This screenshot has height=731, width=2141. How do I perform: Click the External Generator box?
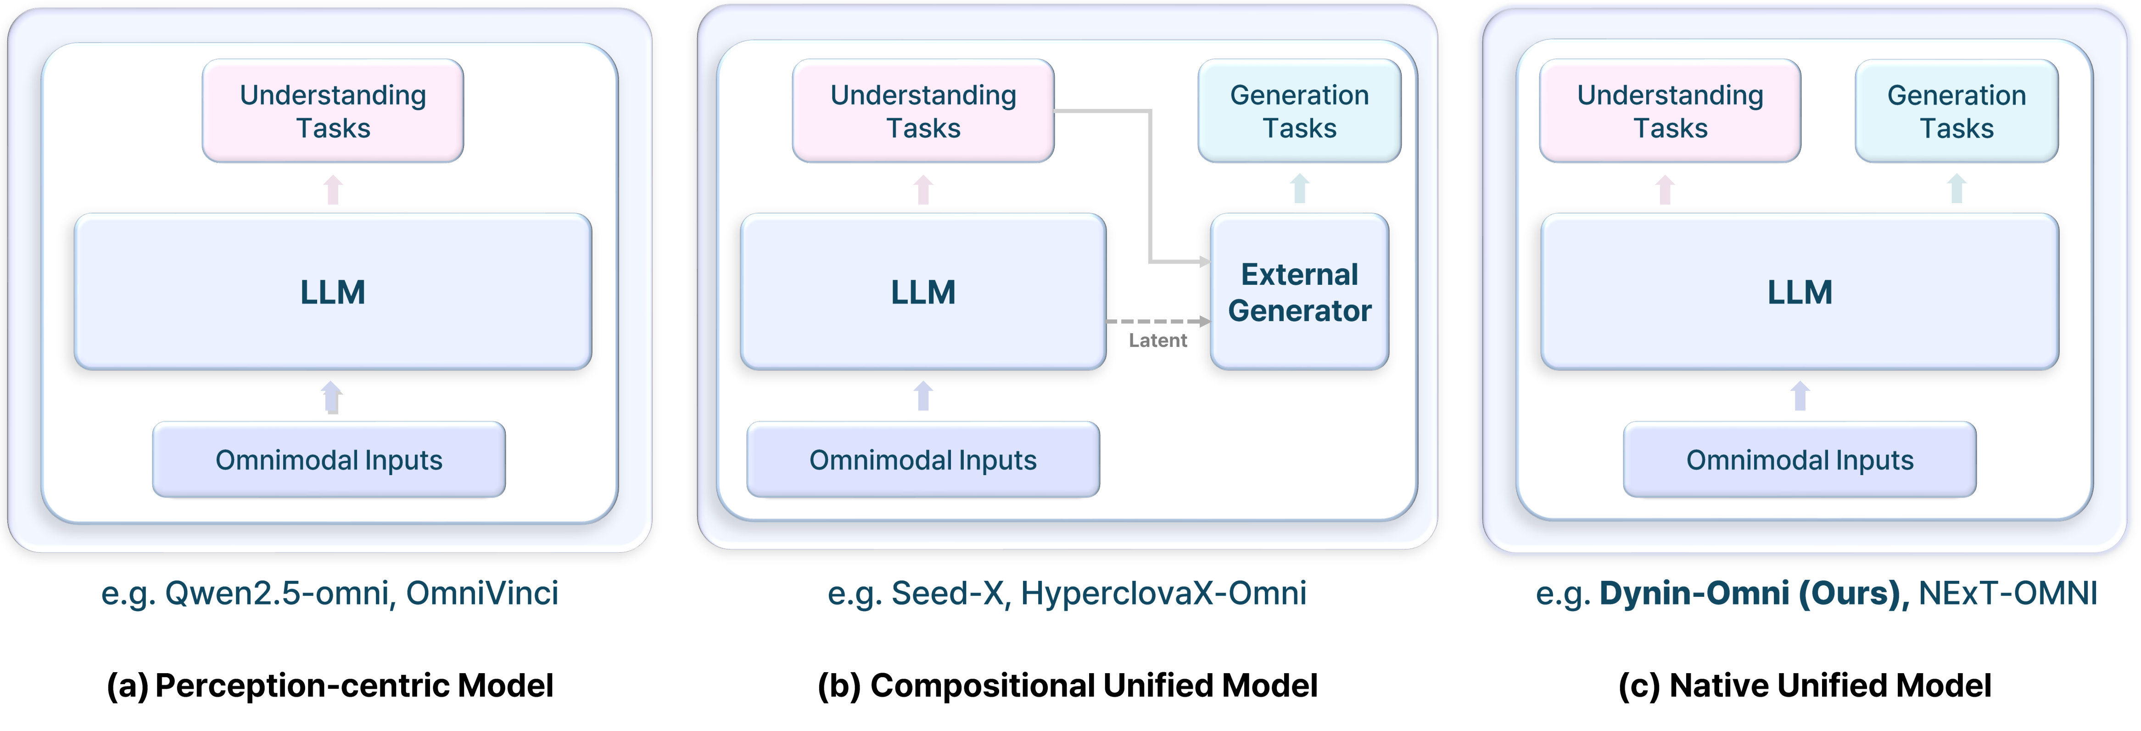click(1299, 292)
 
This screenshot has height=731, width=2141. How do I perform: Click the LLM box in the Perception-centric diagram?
click(332, 292)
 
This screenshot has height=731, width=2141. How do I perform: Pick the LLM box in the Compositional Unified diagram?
click(922, 292)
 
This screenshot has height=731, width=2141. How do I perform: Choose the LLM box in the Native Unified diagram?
click(1800, 292)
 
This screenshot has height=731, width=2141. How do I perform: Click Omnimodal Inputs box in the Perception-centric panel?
click(329, 460)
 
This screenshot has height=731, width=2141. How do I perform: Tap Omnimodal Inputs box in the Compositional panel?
click(922, 460)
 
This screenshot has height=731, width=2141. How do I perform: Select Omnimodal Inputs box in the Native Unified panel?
click(1800, 460)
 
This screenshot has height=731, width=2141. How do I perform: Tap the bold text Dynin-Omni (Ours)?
click(1754, 593)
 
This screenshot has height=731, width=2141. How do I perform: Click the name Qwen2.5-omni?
click(279, 593)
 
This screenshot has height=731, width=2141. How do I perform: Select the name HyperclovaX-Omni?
click(1163, 593)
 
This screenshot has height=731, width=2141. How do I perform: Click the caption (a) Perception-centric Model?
click(330, 685)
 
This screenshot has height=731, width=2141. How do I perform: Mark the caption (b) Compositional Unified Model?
click(1067, 685)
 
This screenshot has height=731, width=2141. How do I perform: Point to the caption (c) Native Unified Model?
click(1805, 685)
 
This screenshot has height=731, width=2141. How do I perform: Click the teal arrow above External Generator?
click(1300, 189)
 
